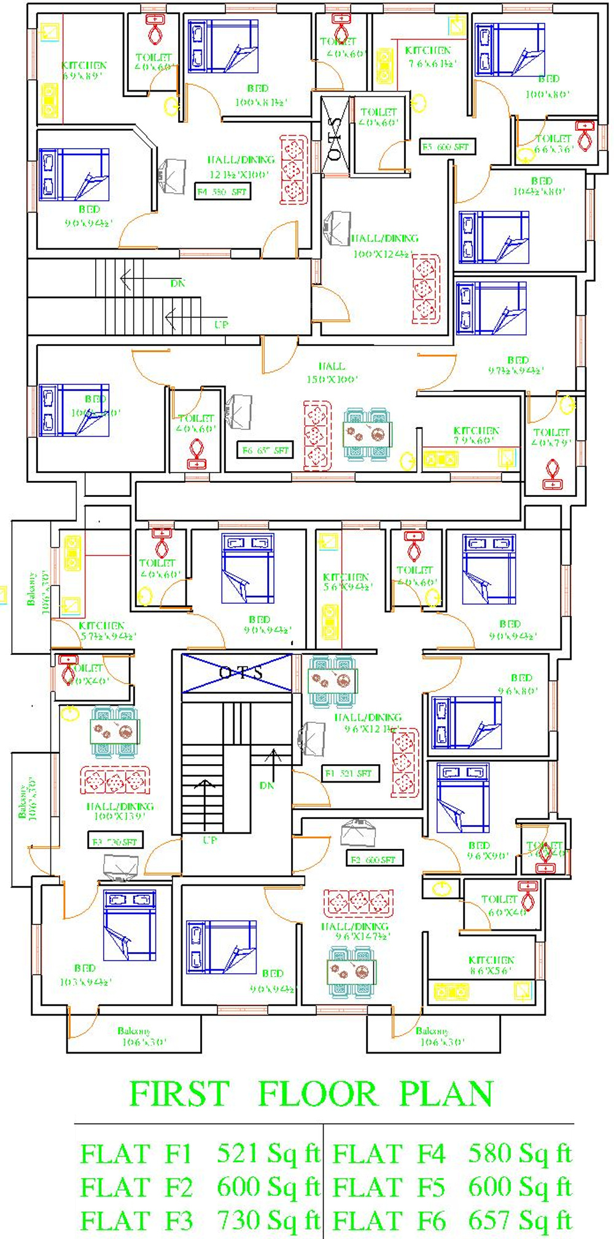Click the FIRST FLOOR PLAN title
tap(311, 1093)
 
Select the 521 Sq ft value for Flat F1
tap(268, 1154)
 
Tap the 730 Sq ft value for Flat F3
tap(268, 1220)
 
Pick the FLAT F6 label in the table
tap(389, 1220)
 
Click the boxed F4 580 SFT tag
tap(222, 192)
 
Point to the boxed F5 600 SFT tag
tap(446, 147)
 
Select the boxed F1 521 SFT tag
tap(351, 773)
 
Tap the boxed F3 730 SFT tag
tap(115, 842)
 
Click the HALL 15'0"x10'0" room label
tap(332, 373)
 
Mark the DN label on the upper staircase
tap(177, 283)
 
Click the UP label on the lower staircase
tap(210, 840)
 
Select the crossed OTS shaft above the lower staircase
tap(237, 673)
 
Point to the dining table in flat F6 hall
tap(367, 434)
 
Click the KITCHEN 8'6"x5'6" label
tap(491, 964)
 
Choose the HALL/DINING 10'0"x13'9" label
tap(120, 811)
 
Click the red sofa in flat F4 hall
tap(294, 170)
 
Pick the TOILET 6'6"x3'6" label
tap(553, 144)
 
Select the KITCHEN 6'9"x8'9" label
tap(84, 70)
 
